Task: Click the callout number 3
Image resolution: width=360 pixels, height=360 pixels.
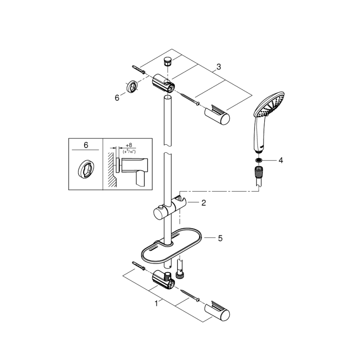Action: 219,67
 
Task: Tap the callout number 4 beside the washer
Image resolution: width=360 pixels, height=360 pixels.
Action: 281,160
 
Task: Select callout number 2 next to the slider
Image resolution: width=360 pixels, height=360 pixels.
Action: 203,203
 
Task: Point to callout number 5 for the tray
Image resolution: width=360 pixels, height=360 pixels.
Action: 220,238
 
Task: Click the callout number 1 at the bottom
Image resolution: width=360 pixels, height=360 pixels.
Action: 156,304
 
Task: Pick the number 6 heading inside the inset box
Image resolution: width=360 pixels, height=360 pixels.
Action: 86,145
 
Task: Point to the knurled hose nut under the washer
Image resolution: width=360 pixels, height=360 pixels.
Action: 259,171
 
